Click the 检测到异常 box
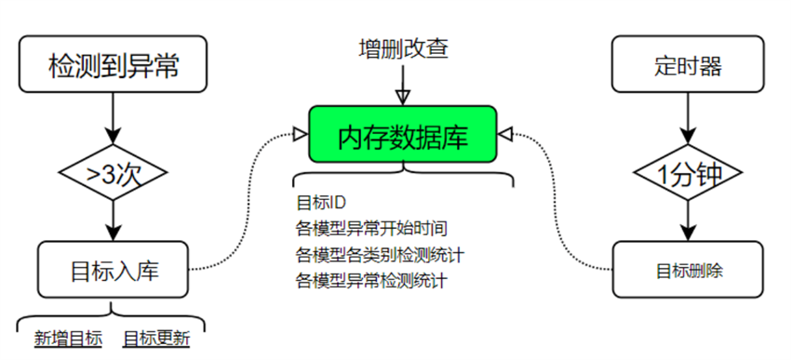(113, 65)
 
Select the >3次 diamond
(113, 173)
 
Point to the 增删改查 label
(403, 48)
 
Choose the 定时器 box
(689, 65)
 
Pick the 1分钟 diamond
(689, 173)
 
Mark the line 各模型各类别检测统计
(380, 254)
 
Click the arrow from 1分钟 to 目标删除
(689, 219)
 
